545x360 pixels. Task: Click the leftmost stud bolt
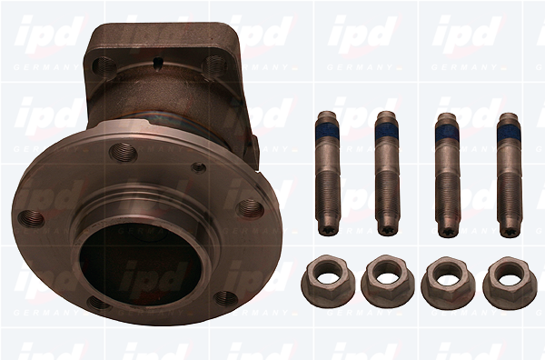pos(328,174)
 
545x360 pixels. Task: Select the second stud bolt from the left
pos(387,174)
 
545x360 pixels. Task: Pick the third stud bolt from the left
pos(448,175)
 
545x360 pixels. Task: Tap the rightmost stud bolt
pos(510,175)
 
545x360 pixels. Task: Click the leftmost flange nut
pos(328,282)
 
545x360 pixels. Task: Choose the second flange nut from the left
pos(388,282)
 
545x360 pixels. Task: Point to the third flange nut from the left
pos(448,283)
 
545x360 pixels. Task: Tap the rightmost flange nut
pos(510,283)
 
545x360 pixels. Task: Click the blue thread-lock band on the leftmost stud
pos(327,131)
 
